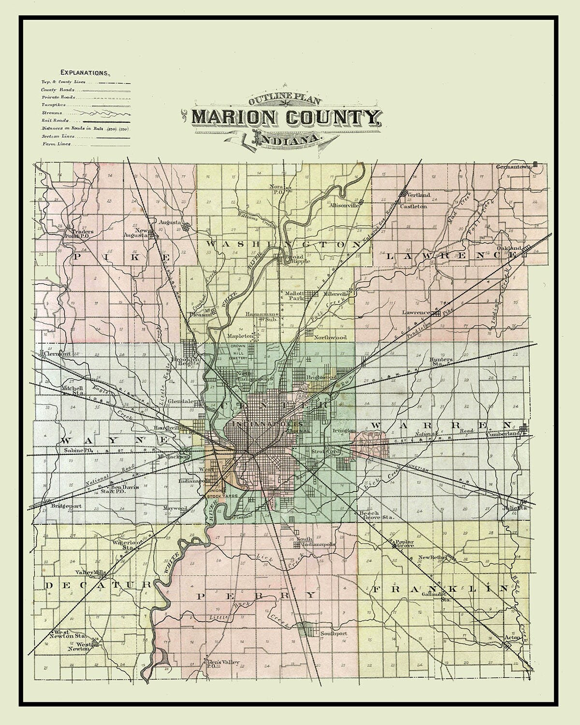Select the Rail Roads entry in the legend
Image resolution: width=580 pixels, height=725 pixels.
55,120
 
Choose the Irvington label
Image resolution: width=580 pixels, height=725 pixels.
344,430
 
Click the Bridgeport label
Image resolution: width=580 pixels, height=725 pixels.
65,507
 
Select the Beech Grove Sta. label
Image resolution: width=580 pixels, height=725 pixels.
376,515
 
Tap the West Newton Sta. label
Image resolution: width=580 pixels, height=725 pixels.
70,634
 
